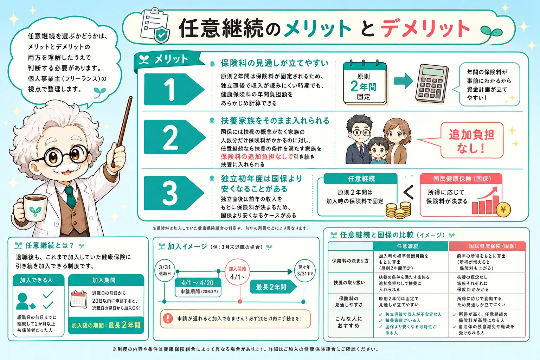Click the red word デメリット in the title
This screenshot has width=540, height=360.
click(x=425, y=29)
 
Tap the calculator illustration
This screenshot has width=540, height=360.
click(x=432, y=83)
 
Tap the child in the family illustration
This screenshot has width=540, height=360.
click(x=378, y=151)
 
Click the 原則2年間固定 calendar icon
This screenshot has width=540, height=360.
click(x=365, y=83)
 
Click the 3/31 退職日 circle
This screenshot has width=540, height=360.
click(x=165, y=270)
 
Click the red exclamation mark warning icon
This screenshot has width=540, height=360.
click(x=168, y=318)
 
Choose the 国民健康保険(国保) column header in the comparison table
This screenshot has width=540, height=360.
click(x=487, y=246)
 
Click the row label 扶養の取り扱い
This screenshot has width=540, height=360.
click(x=349, y=283)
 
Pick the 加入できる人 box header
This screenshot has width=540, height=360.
click(x=36, y=280)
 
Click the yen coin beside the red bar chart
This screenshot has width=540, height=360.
click(x=503, y=210)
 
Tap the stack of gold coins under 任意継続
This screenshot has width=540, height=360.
click(x=398, y=210)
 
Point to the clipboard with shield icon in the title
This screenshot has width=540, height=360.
click(x=155, y=26)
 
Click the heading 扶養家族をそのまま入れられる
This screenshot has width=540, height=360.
click(x=275, y=121)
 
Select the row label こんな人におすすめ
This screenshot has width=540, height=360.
click(x=349, y=322)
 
